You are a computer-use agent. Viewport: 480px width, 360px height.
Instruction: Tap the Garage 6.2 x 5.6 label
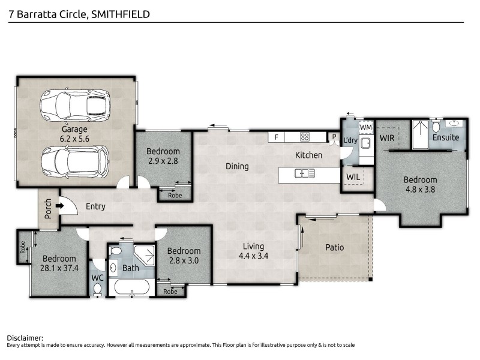pyautogui.click(x=75, y=133)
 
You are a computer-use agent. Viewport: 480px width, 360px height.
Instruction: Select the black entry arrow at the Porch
pyautogui.click(x=59, y=206)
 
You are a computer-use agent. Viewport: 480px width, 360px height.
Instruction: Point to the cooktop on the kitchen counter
pyautogui.click(x=304, y=137)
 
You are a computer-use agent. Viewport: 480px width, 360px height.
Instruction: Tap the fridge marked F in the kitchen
pyautogui.click(x=276, y=137)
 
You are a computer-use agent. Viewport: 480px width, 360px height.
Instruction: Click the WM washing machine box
pyautogui.click(x=366, y=127)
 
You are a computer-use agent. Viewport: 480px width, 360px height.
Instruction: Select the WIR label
pyautogui.click(x=387, y=137)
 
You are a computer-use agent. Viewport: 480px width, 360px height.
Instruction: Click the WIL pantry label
pyautogui.click(x=353, y=177)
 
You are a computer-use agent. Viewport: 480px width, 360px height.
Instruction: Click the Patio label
pyautogui.click(x=334, y=247)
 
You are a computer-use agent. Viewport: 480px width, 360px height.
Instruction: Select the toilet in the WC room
pyautogui.click(x=98, y=289)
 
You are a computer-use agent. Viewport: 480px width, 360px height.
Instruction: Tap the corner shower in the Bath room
pyautogui.click(x=144, y=253)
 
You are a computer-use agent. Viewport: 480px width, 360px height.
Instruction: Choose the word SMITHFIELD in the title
pyautogui.click(x=119, y=13)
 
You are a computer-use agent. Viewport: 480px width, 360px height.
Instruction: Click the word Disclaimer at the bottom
pyautogui.click(x=25, y=338)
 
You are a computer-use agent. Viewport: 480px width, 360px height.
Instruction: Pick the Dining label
pyautogui.click(x=237, y=166)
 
